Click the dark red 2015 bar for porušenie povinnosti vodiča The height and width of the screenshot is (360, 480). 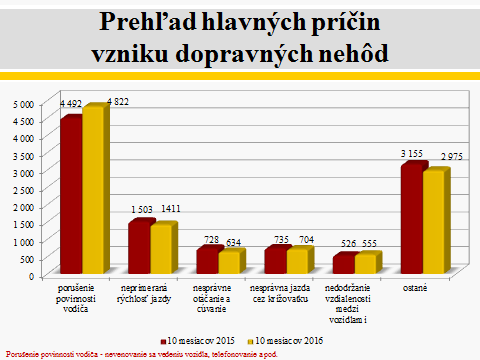click(70, 195)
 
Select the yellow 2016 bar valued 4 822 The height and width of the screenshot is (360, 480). click(93, 190)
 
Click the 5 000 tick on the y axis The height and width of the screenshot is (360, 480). click(23, 104)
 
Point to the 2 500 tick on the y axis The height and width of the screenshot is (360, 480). click(23, 190)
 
